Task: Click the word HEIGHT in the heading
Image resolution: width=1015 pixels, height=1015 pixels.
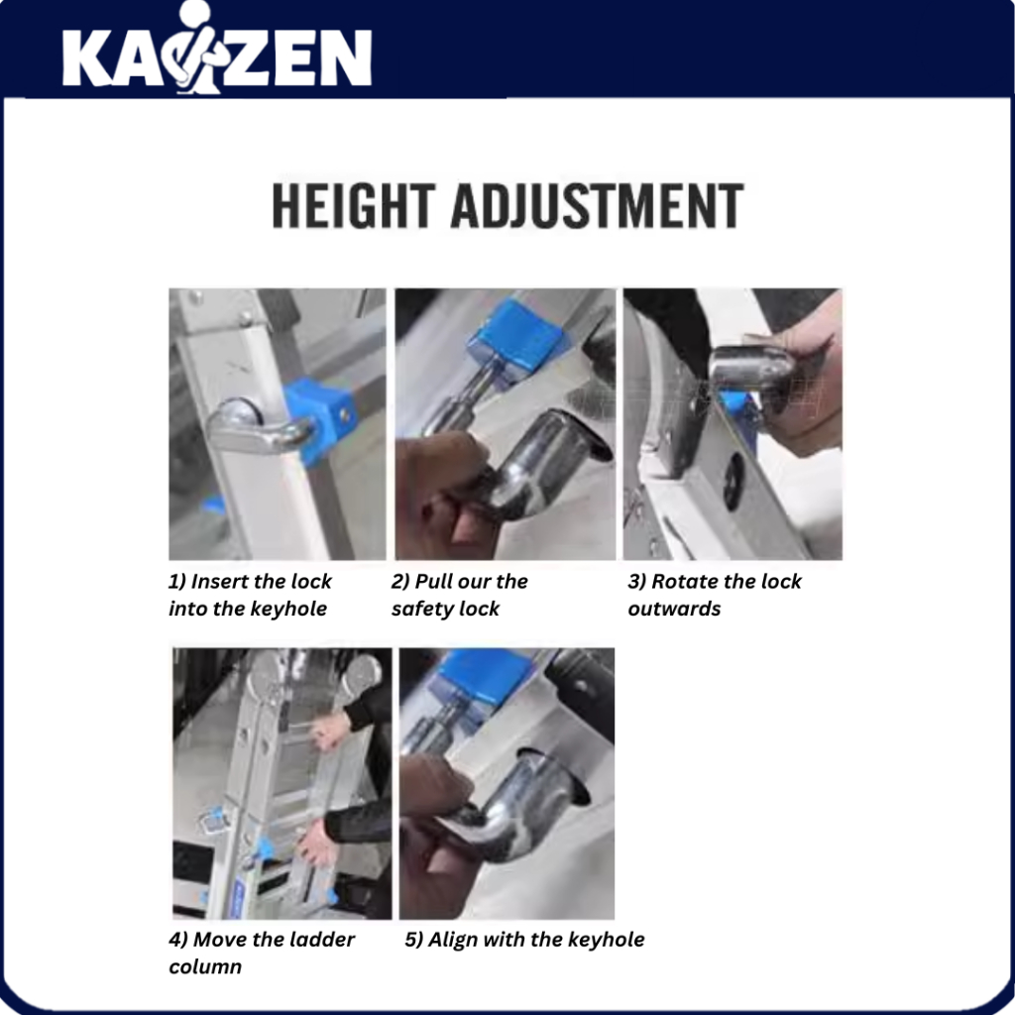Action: [352, 205]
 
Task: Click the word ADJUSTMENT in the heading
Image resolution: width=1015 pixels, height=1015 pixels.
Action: [597, 205]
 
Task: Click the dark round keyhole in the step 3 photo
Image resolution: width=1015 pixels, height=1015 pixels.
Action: [733, 481]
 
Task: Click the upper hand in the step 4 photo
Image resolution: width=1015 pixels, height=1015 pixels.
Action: [329, 731]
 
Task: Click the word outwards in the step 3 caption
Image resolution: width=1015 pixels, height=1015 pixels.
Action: [674, 610]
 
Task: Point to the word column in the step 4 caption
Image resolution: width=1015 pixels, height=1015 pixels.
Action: [205, 966]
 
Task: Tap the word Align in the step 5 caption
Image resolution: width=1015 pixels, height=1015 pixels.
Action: [451, 940]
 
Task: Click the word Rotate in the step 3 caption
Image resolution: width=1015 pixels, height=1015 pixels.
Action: [685, 581]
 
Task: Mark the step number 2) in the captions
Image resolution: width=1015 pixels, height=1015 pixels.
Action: [399, 581]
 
